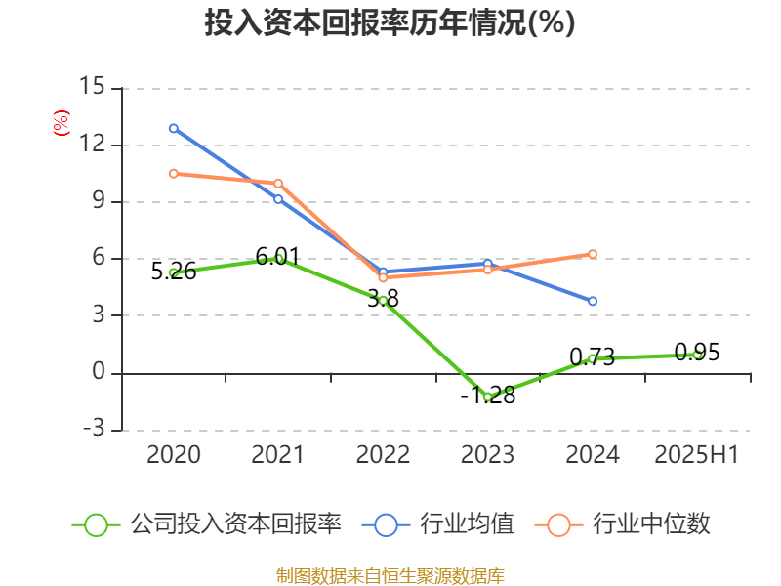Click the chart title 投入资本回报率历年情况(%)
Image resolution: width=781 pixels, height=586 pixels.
[390, 22]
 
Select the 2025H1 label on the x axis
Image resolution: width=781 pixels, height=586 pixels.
[697, 455]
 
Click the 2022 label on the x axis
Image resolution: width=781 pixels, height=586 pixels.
[383, 455]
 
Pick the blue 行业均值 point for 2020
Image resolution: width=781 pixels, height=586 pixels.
[174, 128]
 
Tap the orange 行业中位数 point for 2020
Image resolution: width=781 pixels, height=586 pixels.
[174, 174]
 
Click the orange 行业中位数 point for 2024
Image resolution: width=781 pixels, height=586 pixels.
[593, 254]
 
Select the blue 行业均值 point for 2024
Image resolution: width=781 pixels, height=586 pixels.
[593, 301]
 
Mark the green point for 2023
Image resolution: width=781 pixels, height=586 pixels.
[488, 397]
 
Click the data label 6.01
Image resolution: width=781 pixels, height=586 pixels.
[278, 257]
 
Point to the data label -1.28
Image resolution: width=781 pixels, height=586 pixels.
[488, 397]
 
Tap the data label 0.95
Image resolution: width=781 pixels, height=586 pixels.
[697, 353]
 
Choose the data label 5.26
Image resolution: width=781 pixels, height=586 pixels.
[174, 272]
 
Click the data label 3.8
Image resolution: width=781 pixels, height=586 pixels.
[383, 299]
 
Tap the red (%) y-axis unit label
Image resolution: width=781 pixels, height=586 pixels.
[61, 123]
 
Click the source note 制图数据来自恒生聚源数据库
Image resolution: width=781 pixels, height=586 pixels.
[390, 575]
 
